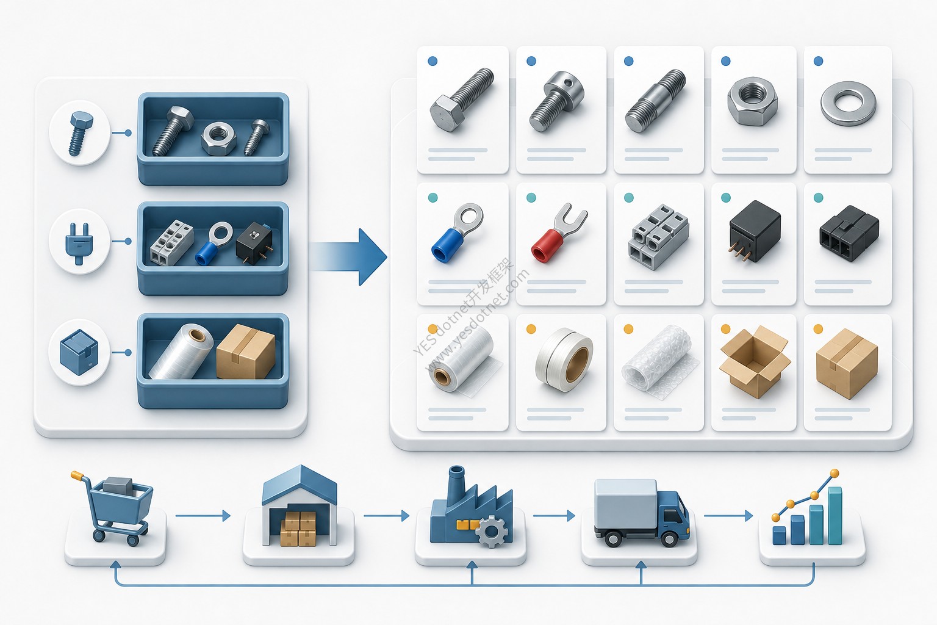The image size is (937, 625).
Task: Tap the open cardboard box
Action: click(x=754, y=361)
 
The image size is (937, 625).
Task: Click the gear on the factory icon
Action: click(x=492, y=532)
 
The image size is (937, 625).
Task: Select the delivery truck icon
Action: click(x=641, y=513)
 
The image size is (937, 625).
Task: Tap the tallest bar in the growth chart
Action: click(x=835, y=516)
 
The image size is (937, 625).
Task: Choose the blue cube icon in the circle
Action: click(x=79, y=352)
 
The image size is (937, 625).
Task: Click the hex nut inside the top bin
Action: click(x=218, y=138)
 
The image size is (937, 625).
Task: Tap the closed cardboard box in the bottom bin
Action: click(x=246, y=352)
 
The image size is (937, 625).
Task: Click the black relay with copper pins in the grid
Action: click(x=754, y=231)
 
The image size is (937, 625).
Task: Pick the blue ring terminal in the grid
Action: click(x=457, y=233)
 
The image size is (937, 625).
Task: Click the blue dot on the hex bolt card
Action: click(x=433, y=61)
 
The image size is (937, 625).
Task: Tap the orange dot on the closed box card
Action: click(x=818, y=329)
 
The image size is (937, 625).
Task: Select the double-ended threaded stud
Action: click(x=656, y=101)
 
